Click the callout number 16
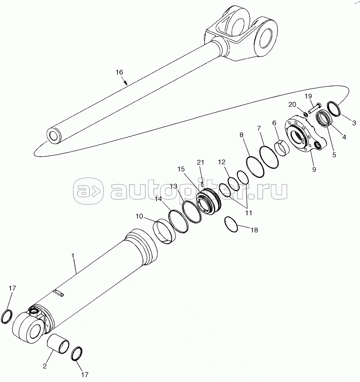tap(119, 73)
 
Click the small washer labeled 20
tap(305, 114)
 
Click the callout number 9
tap(314, 169)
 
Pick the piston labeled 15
tap(208, 202)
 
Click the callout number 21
tap(200, 162)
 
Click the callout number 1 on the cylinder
tap(73, 256)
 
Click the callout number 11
tap(248, 213)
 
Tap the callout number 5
tap(334, 155)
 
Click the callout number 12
tap(222, 162)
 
